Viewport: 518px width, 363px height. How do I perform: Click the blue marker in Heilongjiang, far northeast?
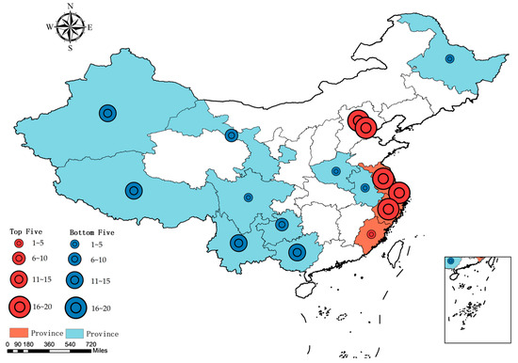(x=449, y=58)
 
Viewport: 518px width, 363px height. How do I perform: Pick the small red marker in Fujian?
(x=370, y=233)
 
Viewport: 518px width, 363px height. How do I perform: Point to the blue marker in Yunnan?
(x=237, y=243)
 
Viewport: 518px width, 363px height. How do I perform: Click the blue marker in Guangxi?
(x=298, y=252)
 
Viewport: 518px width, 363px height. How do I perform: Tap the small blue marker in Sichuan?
(x=248, y=197)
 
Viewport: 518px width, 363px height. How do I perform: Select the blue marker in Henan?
(x=337, y=172)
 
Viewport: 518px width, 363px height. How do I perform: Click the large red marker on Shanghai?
(x=398, y=194)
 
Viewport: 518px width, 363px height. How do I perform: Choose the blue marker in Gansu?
(x=232, y=135)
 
